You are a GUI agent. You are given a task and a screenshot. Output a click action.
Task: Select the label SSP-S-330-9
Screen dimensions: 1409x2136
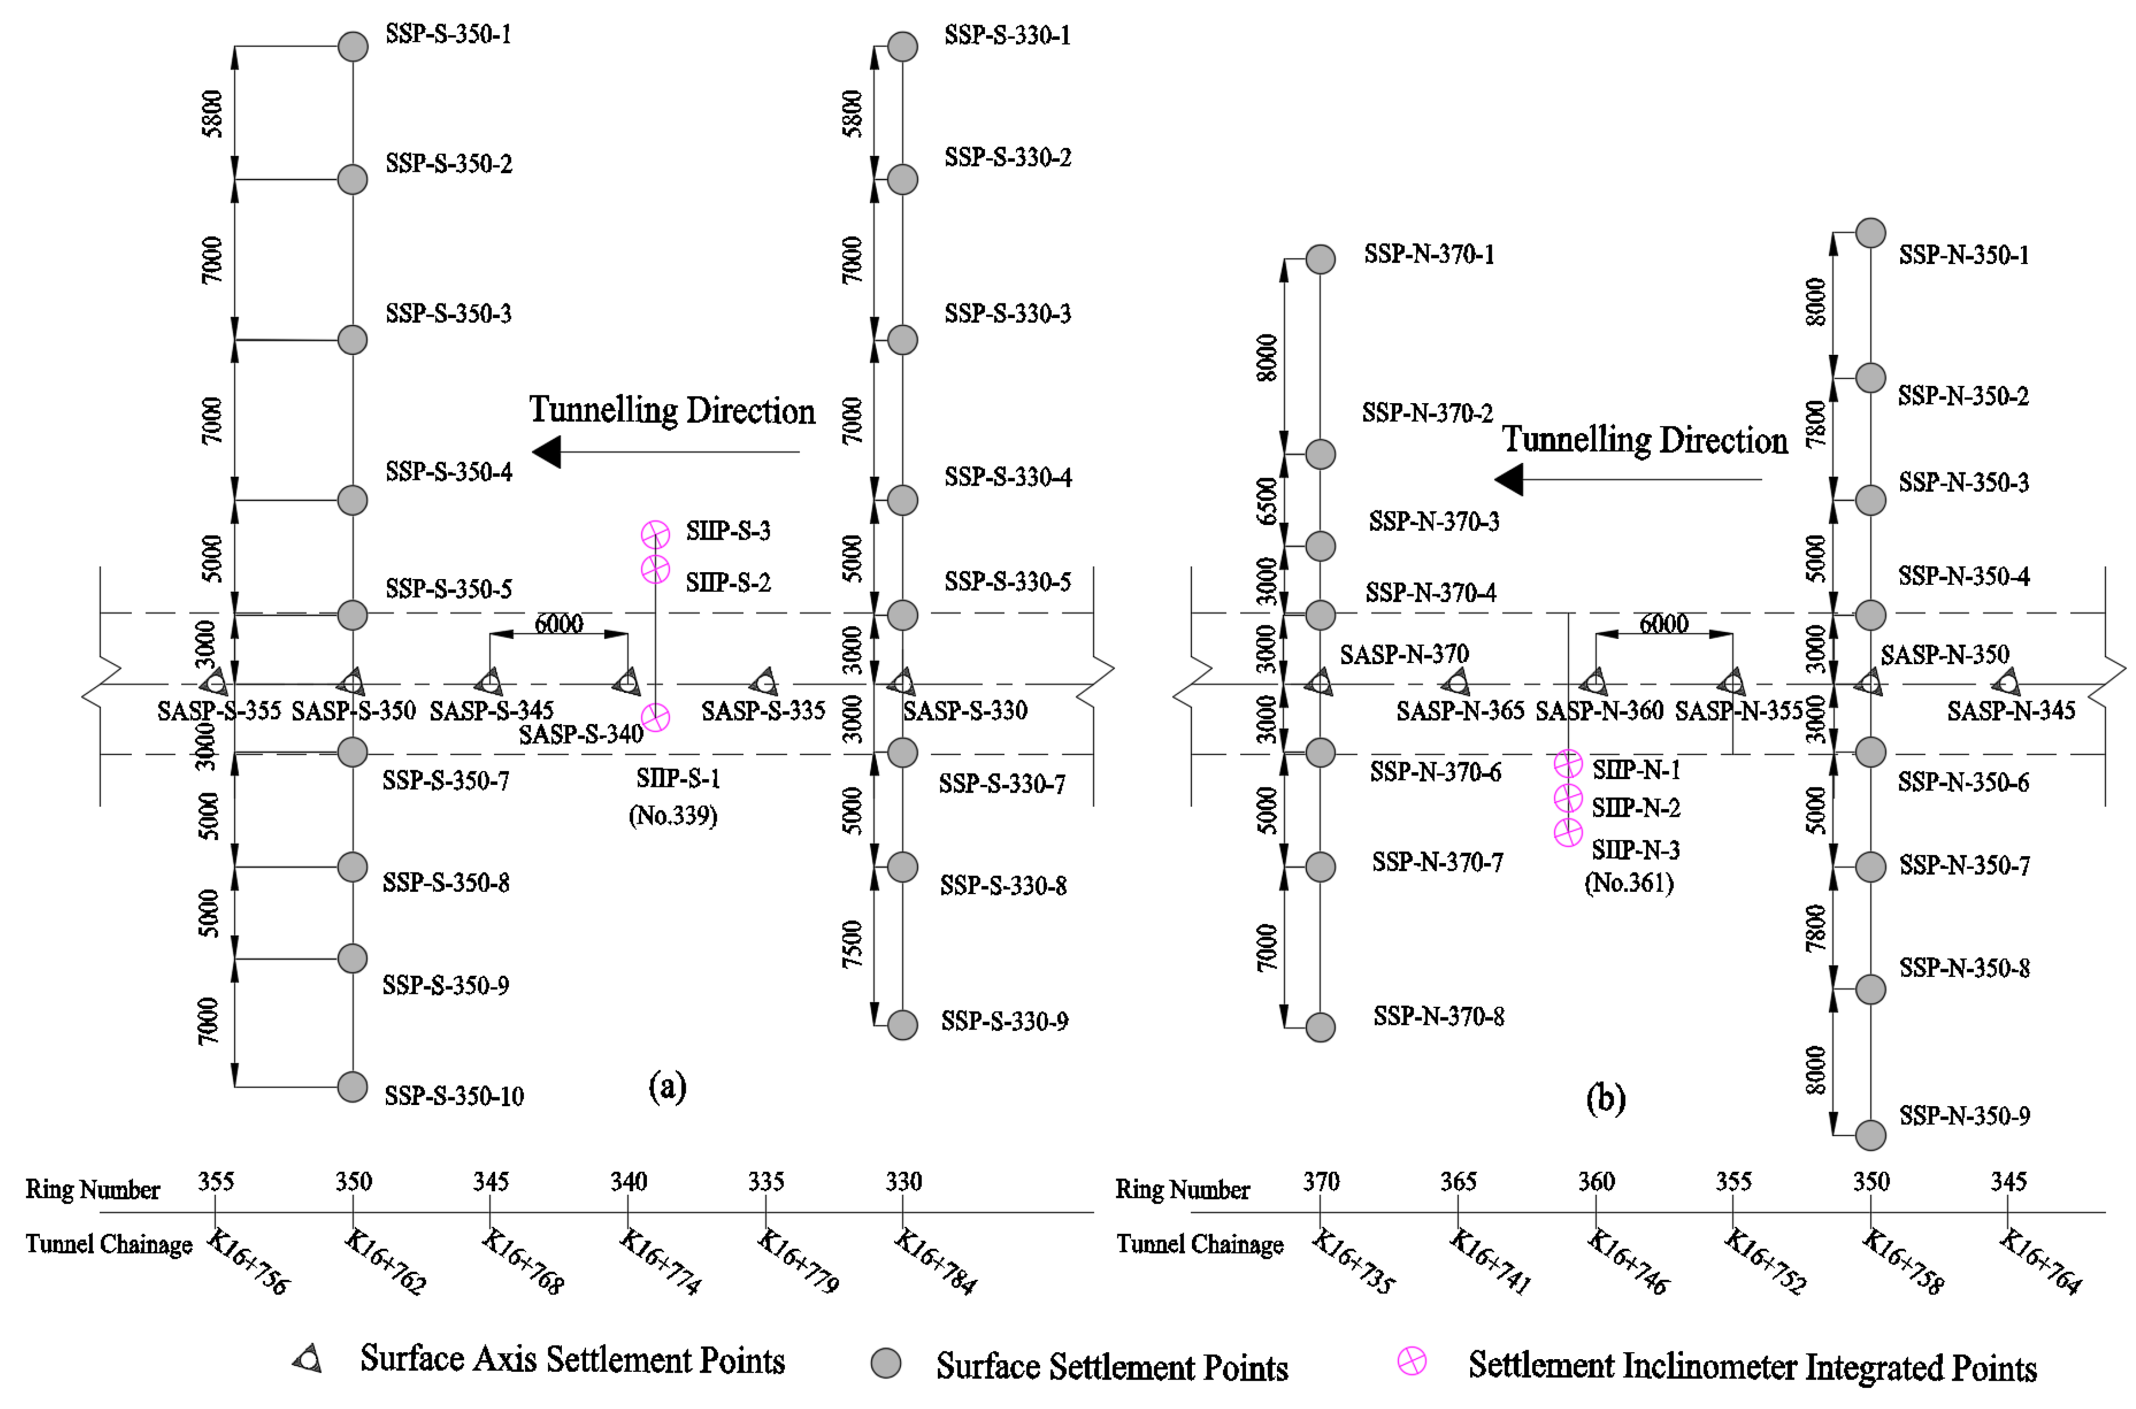1004,1022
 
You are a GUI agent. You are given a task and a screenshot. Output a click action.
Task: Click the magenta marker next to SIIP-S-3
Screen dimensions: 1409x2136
655,534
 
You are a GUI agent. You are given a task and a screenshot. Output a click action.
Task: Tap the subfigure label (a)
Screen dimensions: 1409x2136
667,1087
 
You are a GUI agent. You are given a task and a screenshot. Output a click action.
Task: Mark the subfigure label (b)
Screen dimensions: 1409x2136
1606,1099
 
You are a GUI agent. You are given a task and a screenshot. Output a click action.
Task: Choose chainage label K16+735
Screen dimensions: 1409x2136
1353,1263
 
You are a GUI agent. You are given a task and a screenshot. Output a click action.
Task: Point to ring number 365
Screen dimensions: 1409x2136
1458,1182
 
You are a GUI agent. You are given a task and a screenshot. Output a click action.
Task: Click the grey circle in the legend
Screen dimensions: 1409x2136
886,1363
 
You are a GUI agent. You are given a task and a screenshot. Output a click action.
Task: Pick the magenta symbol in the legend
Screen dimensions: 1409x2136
1412,1361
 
